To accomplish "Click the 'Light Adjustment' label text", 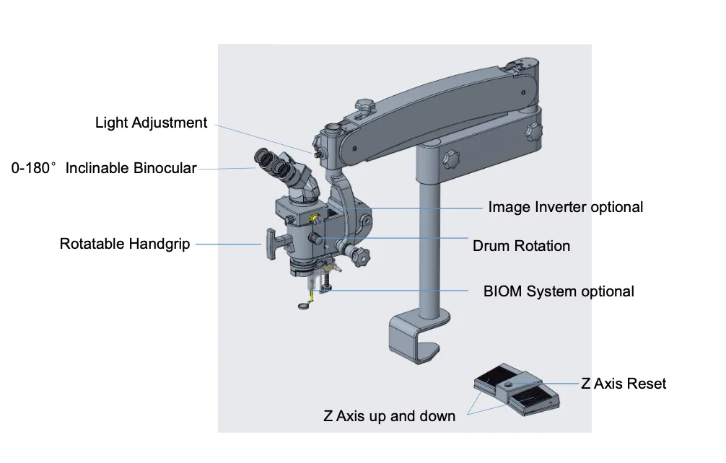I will pos(151,123).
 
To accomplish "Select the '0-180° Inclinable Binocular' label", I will pos(104,168).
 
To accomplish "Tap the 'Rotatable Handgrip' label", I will pos(125,244).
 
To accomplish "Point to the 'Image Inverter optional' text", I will pos(565,207).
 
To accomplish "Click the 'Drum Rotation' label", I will pos(521,246).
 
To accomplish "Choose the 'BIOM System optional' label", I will pos(559,291).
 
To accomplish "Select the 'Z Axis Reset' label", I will pos(624,383).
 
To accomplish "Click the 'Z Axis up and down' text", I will pos(389,416).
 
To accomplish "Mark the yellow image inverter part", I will pos(313,216).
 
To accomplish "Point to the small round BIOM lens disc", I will pos(305,307).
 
